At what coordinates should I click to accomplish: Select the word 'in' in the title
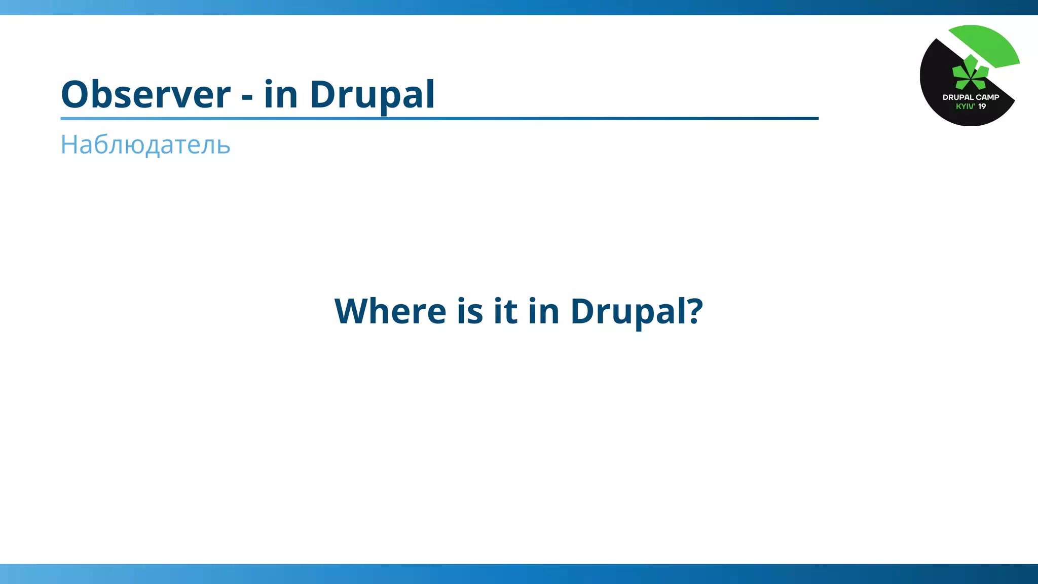pos(280,94)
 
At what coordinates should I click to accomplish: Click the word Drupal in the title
pos(372,95)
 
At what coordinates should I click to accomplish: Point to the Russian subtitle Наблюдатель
pos(145,145)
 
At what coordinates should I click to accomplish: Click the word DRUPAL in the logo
pos(958,97)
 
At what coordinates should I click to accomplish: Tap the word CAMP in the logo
pos(987,97)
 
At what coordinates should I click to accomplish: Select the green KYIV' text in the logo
pos(966,106)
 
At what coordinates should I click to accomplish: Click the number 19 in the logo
pos(982,106)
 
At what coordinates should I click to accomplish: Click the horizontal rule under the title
pos(439,119)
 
